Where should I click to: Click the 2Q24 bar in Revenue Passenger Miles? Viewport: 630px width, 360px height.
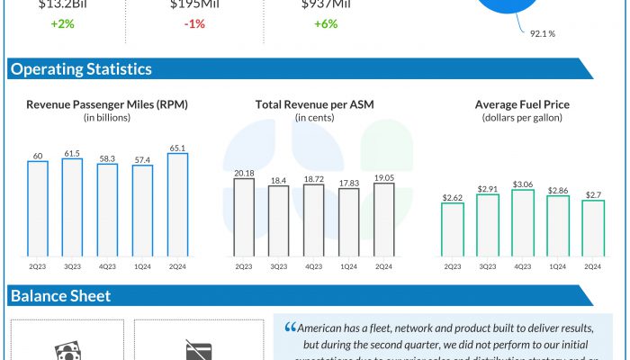tap(177, 204)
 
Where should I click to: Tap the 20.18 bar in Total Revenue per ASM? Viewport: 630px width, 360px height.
tap(244, 217)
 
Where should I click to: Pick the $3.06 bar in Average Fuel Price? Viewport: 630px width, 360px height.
tap(523, 222)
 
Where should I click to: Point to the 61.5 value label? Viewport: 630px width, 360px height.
tap(73, 153)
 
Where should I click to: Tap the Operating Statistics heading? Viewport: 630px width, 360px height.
tap(81, 69)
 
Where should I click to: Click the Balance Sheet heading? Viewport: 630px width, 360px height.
tap(60, 296)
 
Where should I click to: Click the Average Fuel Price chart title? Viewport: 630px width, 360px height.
tap(522, 104)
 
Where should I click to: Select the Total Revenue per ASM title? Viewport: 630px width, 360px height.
tap(315, 104)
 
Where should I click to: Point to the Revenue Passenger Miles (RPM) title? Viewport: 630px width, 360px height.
tap(108, 104)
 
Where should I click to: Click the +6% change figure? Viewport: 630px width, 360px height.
tap(326, 23)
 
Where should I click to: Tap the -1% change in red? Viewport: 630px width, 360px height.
tap(193, 23)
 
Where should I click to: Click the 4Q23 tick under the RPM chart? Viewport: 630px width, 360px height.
tap(107, 265)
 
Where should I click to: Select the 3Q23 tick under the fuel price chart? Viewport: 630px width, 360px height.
tap(487, 265)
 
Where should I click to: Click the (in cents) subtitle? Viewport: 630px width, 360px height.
tap(315, 118)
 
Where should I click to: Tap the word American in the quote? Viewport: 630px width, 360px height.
tap(325, 328)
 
